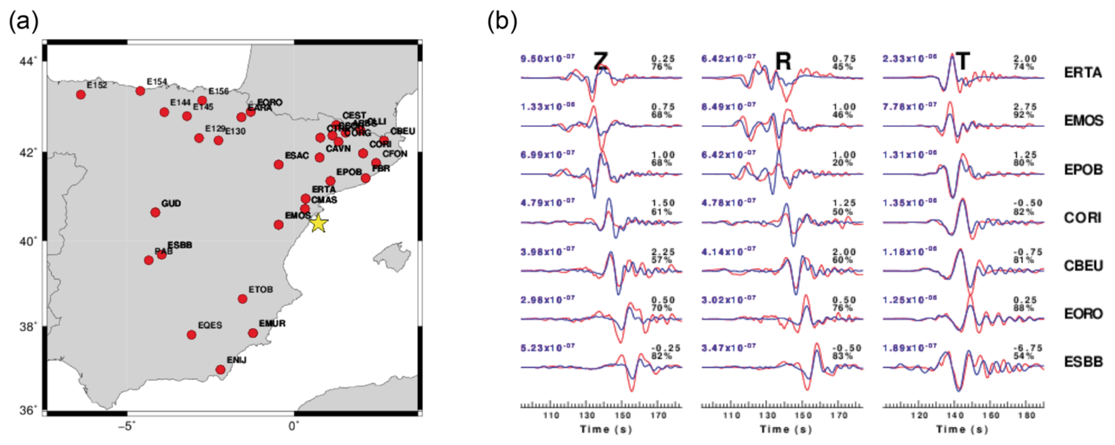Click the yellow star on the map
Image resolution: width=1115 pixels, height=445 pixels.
tap(318, 223)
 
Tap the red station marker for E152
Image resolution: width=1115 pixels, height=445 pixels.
tap(81, 94)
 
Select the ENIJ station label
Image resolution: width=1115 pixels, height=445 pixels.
tap(236, 360)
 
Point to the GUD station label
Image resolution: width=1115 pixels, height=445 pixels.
tap(171, 203)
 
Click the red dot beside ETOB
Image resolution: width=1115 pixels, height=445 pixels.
tap(243, 299)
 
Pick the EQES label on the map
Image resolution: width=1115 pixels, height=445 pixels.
tap(210, 325)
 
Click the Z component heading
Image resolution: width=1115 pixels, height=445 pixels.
tap(601, 61)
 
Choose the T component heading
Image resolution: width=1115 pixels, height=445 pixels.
tap(962, 61)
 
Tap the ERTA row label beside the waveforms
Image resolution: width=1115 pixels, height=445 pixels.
tap(1082, 72)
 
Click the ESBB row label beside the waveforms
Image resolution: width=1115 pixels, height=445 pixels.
tap(1083, 361)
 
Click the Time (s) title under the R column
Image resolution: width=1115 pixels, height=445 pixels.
tap(785, 429)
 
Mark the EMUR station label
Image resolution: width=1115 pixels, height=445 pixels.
tap(272, 324)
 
